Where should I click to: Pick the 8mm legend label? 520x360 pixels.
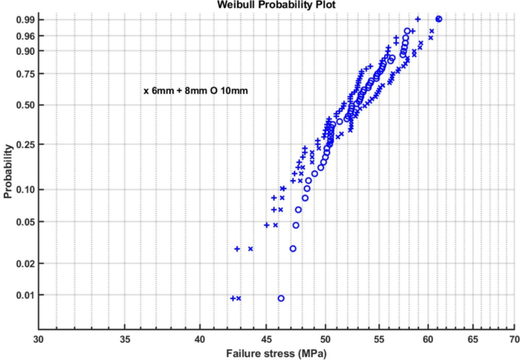(x=195, y=90)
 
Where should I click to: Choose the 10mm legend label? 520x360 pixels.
(x=234, y=90)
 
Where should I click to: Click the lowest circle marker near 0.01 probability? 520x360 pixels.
(x=282, y=298)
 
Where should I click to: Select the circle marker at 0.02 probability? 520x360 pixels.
(x=293, y=248)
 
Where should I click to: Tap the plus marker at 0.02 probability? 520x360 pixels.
(x=238, y=248)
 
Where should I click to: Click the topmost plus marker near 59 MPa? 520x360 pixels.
(x=418, y=19)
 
